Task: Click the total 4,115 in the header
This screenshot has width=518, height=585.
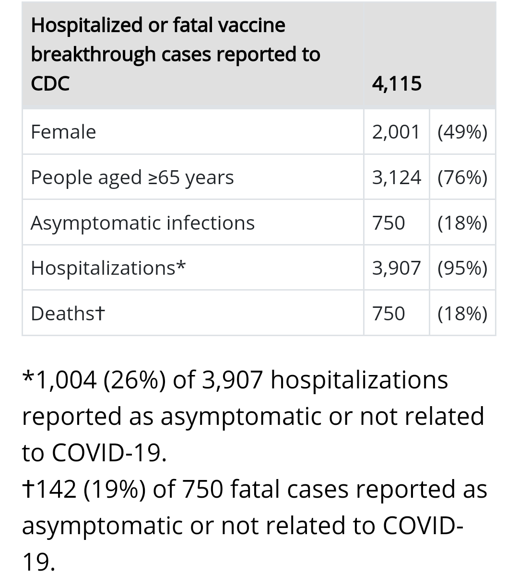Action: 397,83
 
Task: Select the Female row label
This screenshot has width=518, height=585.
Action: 63,132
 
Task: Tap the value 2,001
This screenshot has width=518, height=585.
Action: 396,132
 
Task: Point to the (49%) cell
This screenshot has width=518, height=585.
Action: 462,132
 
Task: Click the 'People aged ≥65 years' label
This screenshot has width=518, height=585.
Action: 132,177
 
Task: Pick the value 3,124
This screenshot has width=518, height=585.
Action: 396,177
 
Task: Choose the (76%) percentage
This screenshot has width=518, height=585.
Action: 462,177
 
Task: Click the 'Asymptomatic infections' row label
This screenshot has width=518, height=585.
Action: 142,223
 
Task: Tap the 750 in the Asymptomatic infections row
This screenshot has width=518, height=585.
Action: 388,223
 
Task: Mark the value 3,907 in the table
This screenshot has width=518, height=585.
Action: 396,268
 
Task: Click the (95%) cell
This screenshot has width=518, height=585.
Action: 462,268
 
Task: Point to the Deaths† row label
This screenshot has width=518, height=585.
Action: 68,314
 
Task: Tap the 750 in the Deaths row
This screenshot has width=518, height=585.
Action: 388,314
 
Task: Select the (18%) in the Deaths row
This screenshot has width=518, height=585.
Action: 462,314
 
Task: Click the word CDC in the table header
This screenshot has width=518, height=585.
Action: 50,83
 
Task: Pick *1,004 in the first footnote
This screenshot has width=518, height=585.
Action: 60,380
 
